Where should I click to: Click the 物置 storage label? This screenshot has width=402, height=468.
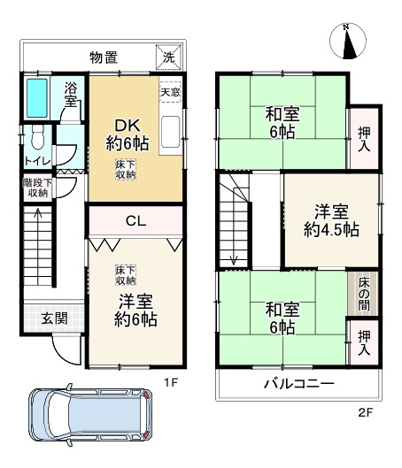[104, 58]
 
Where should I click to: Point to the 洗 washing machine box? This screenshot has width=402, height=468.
[168, 58]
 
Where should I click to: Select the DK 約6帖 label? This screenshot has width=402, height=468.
[124, 132]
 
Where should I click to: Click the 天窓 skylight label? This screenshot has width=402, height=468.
[170, 91]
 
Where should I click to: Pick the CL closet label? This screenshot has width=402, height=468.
[135, 219]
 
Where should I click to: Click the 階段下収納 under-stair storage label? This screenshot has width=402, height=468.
[36, 187]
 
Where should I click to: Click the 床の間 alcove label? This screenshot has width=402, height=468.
[364, 291]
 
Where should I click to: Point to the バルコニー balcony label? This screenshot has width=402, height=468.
[298, 384]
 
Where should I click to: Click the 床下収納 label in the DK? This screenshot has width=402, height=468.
[125, 170]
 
